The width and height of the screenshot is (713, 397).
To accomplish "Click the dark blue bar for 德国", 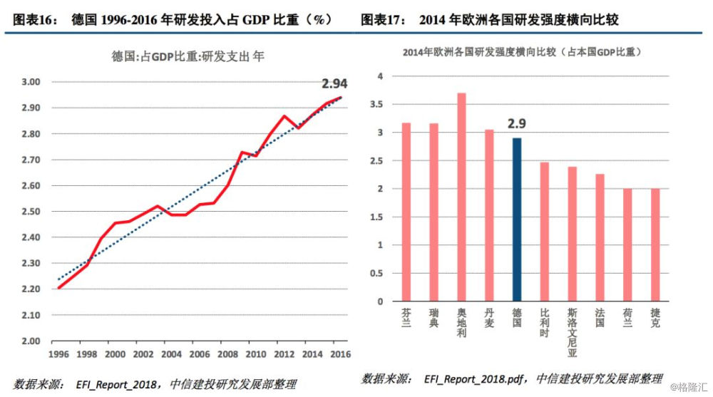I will coord(517,219).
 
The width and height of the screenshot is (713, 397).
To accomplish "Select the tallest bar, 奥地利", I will coord(461,197).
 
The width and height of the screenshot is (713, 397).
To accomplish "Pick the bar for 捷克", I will coord(655,244).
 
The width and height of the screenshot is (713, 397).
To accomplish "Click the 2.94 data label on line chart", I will coord(335,83).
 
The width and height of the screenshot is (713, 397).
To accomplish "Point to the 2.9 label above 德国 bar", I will coord(517,124).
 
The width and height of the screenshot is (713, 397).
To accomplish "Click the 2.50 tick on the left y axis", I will coord(30,212).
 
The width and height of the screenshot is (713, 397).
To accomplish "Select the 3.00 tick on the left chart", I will coord(30,82).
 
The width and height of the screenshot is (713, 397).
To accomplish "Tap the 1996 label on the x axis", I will coord(58,354).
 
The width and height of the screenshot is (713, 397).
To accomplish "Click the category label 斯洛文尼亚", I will coord(573,332).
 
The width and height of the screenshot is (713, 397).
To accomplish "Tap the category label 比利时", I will coord(545,322).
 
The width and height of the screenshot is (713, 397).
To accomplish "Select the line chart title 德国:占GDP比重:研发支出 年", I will coord(188,56).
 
